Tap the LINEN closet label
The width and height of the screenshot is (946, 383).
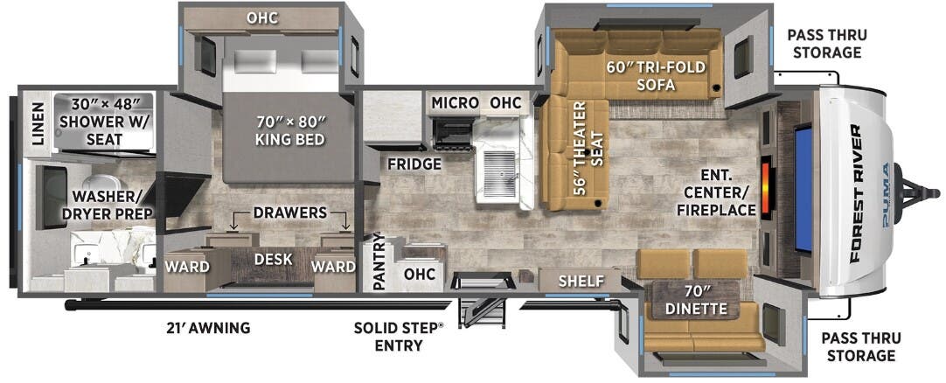[38, 123]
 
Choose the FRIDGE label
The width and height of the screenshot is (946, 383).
[414, 164]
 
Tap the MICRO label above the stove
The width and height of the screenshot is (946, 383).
[455, 103]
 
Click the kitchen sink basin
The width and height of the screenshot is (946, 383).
[499, 174]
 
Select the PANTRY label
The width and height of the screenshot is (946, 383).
[379, 261]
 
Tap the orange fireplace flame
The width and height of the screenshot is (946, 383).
[766, 187]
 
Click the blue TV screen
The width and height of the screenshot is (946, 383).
[803, 188]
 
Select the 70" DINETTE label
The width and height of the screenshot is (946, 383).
[696, 301]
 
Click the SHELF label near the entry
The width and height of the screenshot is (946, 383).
[581, 281]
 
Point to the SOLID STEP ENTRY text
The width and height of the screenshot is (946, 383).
[398, 337]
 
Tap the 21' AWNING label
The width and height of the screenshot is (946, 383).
[207, 328]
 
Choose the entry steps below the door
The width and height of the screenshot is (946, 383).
[482, 312]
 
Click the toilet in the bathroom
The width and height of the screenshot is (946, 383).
[101, 184]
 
